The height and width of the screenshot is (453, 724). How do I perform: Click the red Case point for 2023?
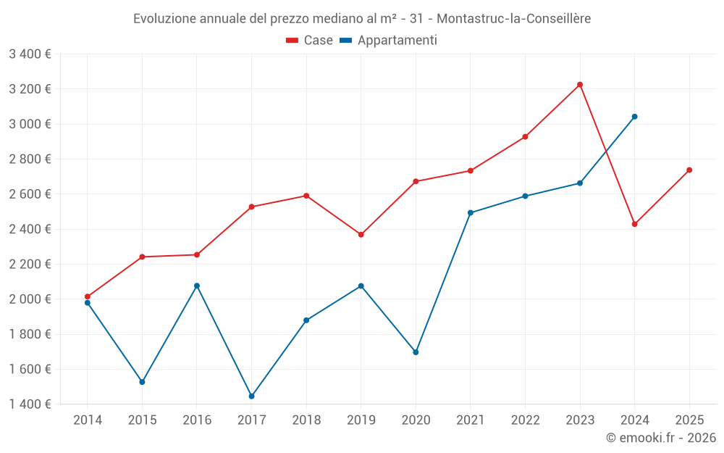click(x=580, y=85)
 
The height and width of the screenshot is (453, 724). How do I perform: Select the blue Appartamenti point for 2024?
click(x=634, y=117)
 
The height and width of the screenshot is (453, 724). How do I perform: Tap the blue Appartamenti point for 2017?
click(x=251, y=396)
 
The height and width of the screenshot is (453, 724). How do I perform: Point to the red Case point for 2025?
click(x=689, y=170)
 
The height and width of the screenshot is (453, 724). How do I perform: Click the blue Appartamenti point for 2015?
click(x=142, y=382)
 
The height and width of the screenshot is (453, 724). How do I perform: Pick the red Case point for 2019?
click(x=361, y=235)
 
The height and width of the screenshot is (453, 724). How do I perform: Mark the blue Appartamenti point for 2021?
click(x=471, y=213)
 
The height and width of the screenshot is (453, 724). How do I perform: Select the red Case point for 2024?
click(x=634, y=224)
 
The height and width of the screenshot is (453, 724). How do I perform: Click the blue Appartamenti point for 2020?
click(x=416, y=352)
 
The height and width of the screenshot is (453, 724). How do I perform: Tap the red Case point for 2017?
click(x=251, y=207)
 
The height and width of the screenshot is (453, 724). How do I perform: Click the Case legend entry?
click(x=310, y=41)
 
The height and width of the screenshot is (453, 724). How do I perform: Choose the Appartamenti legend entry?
click(x=389, y=41)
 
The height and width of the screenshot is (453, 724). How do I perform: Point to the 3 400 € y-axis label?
click(x=30, y=54)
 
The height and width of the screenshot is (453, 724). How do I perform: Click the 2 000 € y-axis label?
click(x=30, y=299)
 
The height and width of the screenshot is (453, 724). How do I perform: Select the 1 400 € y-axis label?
click(x=30, y=404)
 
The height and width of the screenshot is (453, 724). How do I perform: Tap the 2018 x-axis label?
click(x=306, y=420)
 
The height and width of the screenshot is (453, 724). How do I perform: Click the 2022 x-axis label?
click(x=525, y=420)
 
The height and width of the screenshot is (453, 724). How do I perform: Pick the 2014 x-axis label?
click(x=88, y=420)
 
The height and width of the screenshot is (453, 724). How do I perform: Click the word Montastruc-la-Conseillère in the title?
click(x=514, y=19)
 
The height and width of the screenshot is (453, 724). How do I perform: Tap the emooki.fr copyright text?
click(x=660, y=438)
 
